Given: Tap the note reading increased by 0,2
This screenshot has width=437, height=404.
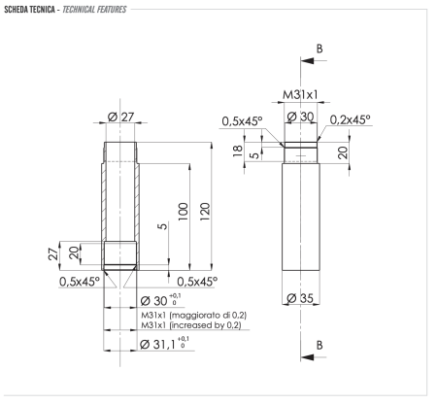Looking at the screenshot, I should point(191,326).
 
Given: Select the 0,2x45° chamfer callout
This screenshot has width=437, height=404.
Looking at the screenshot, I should point(349,120).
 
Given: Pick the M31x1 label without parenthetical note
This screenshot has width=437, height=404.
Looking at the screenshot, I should point(301,95).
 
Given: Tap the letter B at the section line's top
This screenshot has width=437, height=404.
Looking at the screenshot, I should point(319,46).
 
